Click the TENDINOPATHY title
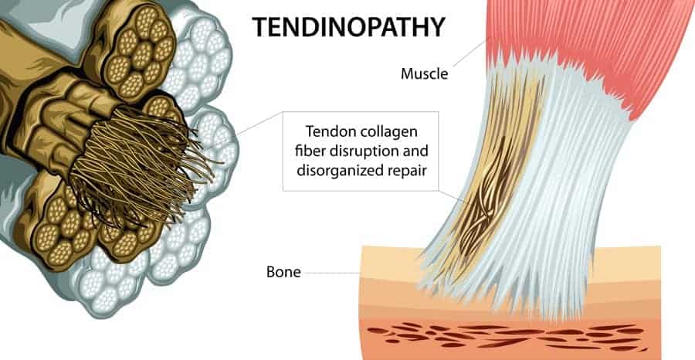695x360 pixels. (348, 27)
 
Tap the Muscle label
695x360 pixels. (424, 73)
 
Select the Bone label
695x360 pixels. (283, 272)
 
